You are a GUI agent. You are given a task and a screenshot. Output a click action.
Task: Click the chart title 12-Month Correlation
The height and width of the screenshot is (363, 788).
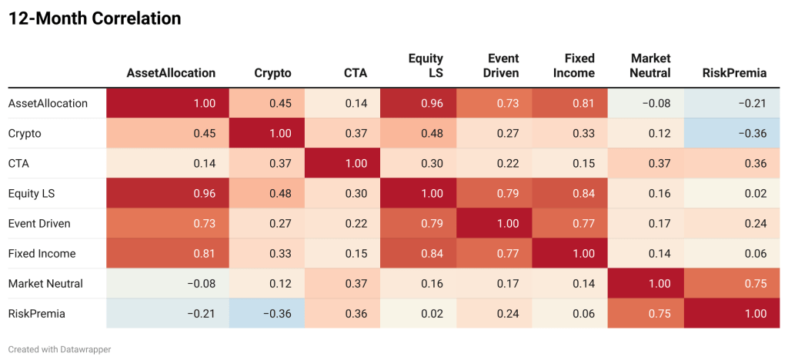coord(95,19)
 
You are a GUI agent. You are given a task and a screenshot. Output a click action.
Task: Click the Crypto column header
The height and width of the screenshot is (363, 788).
coord(272,73)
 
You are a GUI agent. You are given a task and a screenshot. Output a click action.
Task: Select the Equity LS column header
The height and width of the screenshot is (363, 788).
coord(426,65)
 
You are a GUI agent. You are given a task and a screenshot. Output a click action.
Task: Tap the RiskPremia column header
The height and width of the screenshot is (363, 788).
coord(734,73)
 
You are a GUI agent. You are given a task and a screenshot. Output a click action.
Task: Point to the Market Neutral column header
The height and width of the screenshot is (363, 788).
coord(650,65)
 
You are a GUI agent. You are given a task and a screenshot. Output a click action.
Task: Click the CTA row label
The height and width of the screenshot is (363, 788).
coord(20,163)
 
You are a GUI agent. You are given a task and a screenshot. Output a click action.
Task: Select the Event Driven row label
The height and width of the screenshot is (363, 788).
coord(39,224)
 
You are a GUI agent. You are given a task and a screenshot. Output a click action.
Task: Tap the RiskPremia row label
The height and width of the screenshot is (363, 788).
coord(36,314)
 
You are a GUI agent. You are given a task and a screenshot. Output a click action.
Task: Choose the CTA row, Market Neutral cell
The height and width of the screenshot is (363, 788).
coord(646,163)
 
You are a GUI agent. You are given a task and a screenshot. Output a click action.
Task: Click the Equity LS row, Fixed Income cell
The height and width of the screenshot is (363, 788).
coord(569,194)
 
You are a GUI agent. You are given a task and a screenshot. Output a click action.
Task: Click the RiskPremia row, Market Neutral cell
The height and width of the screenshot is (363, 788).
coord(646,314)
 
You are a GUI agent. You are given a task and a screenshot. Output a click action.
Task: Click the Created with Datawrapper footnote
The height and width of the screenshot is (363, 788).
coord(59,349)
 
